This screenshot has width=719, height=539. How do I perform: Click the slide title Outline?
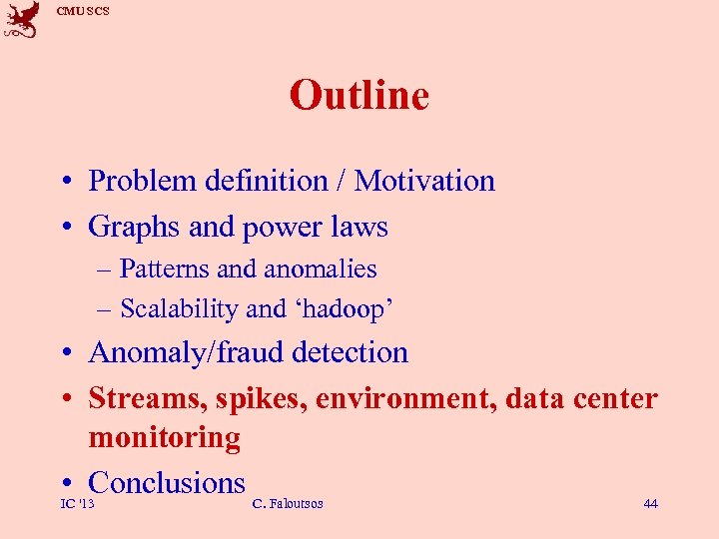[359, 96]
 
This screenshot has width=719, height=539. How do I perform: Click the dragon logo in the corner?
[22, 20]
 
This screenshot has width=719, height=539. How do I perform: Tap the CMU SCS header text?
[83, 11]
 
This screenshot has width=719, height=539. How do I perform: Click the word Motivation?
[424, 181]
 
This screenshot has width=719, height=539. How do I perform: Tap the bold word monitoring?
[165, 438]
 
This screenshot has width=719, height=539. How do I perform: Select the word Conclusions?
[167, 483]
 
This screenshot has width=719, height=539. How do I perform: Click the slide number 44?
[650, 504]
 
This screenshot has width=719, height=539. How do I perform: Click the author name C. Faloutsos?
[288, 504]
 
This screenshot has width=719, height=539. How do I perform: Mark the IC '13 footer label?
[77, 504]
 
